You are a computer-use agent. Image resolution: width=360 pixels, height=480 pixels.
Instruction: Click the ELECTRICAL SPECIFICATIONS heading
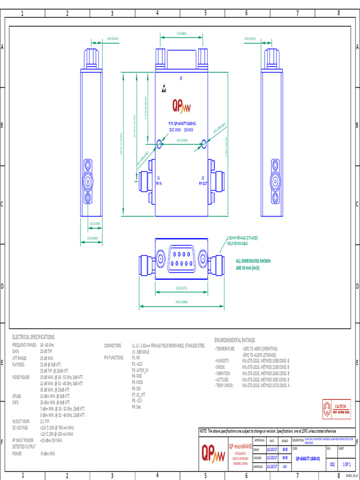33,337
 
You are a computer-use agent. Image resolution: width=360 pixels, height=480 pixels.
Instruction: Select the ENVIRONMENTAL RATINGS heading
235,340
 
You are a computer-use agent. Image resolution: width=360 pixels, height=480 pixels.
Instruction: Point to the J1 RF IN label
158,181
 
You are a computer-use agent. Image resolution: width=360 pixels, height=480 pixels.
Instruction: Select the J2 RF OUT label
202,181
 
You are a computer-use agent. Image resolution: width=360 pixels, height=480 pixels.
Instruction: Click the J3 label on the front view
181,78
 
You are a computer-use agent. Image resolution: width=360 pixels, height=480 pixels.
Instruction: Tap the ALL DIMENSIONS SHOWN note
253,264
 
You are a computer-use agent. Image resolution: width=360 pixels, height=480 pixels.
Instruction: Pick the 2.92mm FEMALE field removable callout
242,240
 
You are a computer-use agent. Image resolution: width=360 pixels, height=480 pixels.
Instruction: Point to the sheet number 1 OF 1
346,464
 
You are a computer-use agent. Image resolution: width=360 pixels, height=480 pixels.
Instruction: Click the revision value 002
332,464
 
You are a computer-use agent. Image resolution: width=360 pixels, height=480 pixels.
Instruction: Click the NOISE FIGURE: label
21,376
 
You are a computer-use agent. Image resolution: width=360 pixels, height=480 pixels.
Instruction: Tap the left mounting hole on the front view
159,144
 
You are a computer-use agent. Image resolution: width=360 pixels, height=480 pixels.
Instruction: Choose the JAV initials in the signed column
285,466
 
